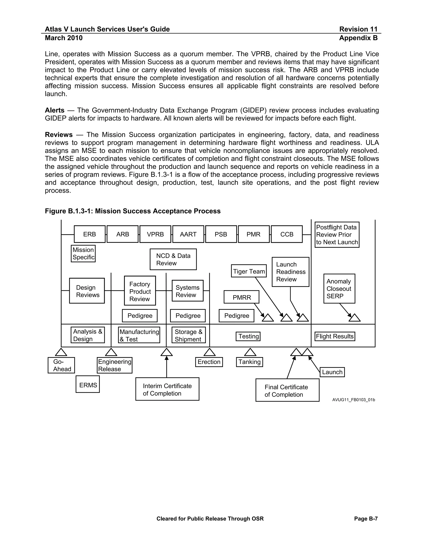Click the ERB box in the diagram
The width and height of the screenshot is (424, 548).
(89, 234)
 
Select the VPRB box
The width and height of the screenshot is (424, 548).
(155, 234)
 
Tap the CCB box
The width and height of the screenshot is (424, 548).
(287, 234)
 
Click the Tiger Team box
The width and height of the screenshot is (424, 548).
(249, 271)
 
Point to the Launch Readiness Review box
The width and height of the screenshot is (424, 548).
(290, 272)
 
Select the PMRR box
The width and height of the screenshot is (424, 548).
(241, 297)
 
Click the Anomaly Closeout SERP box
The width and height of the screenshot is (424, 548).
(339, 288)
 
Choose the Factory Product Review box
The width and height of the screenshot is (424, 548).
(140, 291)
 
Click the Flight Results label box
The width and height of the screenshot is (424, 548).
(335, 336)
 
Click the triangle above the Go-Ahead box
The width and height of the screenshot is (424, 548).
(61, 352)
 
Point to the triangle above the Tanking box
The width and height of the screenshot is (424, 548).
(250, 352)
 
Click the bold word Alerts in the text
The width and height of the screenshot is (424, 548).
(54, 110)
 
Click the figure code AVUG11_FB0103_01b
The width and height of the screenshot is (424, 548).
(353, 400)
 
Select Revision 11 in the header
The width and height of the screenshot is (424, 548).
(358, 29)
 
